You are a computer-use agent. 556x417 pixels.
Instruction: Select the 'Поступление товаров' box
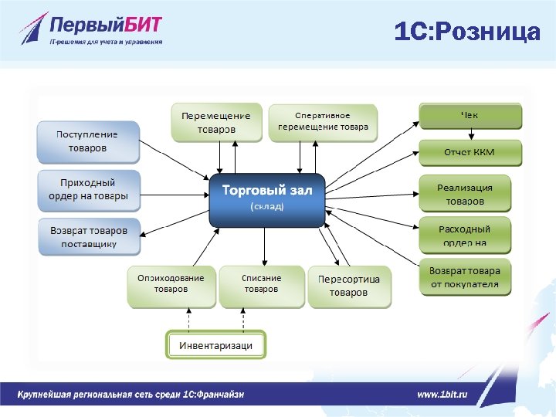tap(88, 141)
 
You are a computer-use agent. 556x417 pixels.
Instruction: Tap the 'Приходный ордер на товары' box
tap(88, 190)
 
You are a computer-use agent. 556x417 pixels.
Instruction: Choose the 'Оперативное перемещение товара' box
tap(323, 122)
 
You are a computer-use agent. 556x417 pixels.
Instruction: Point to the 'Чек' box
tap(470, 116)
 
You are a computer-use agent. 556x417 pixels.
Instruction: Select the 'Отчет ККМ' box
tap(470, 151)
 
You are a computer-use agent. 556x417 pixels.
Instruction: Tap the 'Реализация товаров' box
tap(465, 194)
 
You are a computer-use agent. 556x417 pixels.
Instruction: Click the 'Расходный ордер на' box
tap(465, 236)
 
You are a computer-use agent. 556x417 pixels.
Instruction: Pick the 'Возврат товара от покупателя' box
tap(465, 278)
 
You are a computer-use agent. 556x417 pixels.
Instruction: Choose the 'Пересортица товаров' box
tap(349, 286)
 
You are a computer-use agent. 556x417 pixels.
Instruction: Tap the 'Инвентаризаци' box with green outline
tap(216, 344)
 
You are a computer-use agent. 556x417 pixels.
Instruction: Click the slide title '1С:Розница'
tap(466, 32)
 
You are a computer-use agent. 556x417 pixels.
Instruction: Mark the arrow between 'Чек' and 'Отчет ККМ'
tap(470, 134)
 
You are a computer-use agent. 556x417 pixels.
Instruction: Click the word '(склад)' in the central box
tap(267, 207)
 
